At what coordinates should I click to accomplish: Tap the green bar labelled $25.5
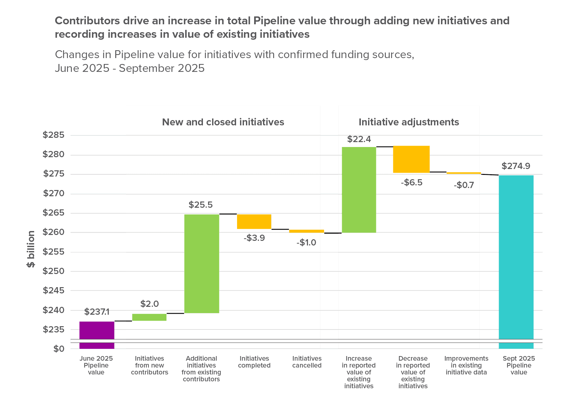click(202, 264)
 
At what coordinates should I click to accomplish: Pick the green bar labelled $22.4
click(359, 190)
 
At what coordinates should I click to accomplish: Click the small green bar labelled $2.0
click(149, 317)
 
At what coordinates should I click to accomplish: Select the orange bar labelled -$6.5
click(411, 159)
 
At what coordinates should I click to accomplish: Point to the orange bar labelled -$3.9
click(254, 222)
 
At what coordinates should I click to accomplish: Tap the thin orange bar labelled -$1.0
click(307, 231)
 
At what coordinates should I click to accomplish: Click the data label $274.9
click(516, 166)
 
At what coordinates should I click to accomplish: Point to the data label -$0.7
click(464, 185)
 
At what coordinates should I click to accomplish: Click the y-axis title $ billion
click(31, 249)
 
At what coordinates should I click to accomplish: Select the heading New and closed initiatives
click(223, 122)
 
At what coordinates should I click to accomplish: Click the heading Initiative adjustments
click(409, 122)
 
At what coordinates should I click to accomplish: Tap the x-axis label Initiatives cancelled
click(307, 362)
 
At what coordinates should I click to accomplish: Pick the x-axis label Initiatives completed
click(254, 362)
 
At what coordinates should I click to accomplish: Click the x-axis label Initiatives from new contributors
click(149, 365)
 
